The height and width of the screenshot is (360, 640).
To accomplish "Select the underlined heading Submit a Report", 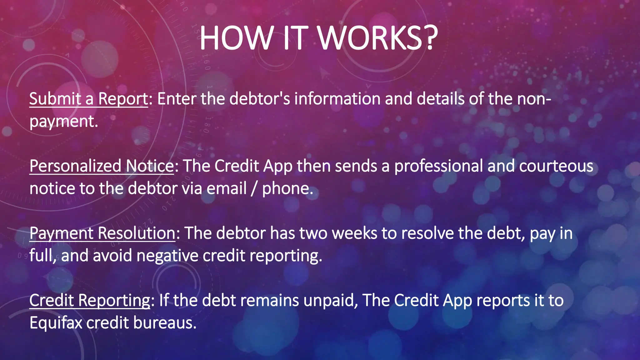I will (88, 99).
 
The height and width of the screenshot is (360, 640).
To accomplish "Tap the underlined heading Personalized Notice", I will (102, 166).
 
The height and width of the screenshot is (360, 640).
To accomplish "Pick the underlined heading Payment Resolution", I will (102, 233).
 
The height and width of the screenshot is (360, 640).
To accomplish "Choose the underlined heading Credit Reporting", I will (90, 300).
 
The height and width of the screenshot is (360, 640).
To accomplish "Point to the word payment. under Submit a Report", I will (64, 121).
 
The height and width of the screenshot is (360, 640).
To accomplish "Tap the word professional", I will (438, 166).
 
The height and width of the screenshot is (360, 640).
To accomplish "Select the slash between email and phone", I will (254, 188).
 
